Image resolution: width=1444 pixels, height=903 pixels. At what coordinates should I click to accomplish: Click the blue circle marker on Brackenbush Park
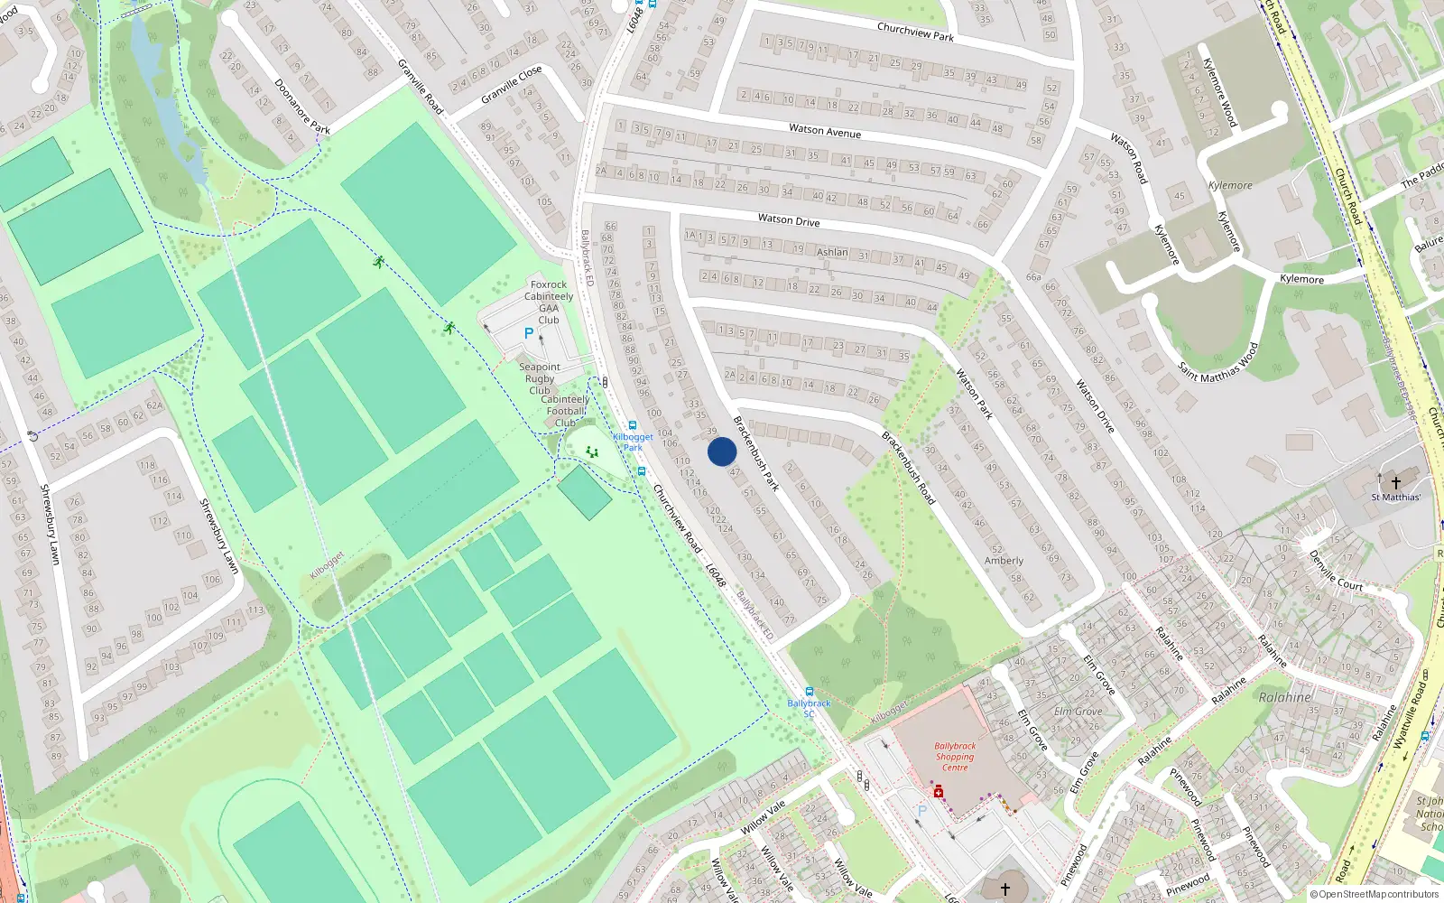pos(722,451)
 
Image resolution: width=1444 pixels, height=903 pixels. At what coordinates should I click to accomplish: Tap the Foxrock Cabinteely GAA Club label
pos(549,302)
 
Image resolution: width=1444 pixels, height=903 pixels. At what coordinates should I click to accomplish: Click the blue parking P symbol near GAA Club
pos(529,333)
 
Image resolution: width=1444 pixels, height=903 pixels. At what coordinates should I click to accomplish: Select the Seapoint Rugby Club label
pos(540,378)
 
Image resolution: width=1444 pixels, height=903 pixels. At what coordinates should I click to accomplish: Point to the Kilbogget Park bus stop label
pos(633,442)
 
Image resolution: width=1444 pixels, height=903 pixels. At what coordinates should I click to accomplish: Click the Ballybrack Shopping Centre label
pos(955,757)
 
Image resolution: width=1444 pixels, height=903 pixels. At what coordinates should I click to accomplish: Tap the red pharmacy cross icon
pos(939,792)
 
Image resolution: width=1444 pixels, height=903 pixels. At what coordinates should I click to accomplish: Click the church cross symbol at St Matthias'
pos(1395,483)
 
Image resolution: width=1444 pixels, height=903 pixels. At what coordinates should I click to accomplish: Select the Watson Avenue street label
pos(825,131)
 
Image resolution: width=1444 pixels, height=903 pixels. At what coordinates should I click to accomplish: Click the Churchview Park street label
pos(915,32)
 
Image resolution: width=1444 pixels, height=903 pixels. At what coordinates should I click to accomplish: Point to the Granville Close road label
pos(512,84)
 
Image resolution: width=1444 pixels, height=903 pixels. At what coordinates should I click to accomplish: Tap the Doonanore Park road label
pos(302,107)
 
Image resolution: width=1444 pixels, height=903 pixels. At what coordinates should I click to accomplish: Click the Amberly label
pos(1004,561)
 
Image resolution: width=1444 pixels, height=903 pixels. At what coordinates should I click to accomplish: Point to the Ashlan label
pos(832,252)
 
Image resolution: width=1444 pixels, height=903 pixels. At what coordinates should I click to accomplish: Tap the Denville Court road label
pos(1336,571)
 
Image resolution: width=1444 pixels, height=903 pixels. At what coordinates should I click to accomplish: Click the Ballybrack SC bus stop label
pos(809,708)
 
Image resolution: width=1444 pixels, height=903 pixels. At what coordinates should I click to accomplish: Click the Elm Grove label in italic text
pos(1078,712)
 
